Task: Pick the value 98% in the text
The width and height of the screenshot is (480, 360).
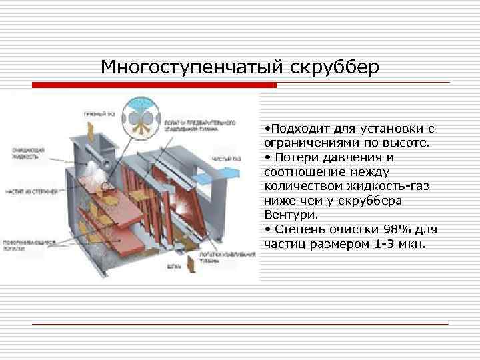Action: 399,229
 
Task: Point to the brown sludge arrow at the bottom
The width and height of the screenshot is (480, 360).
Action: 190,263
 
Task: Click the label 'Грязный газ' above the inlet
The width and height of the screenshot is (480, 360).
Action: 99,115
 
